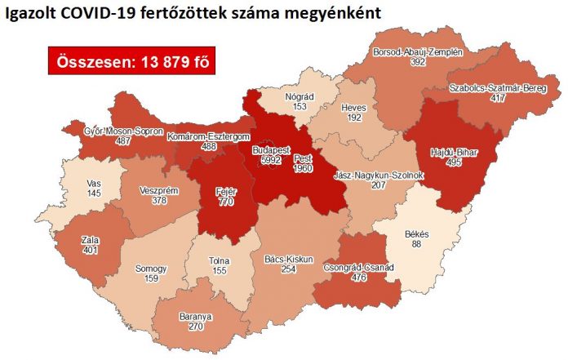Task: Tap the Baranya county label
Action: (x=195, y=316)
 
